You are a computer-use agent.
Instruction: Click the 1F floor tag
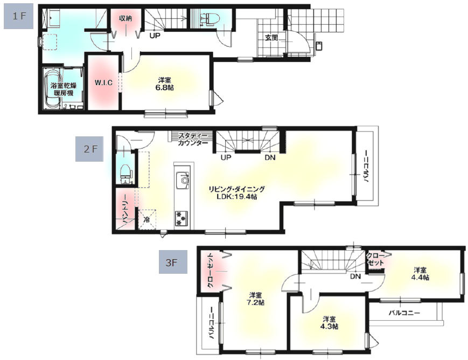point(18,16)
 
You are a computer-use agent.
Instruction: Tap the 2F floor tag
point(89,149)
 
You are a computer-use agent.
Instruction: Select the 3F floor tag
point(173,262)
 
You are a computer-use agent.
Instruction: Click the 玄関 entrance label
point(271,38)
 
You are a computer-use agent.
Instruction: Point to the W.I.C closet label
point(103,83)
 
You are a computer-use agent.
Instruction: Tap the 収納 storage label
point(125,18)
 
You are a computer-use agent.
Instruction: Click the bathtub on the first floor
point(53,89)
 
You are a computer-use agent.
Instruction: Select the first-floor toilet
point(211,18)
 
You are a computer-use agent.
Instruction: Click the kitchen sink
point(183,181)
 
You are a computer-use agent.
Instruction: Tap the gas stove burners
point(181,218)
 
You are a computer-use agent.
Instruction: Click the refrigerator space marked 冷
point(147,219)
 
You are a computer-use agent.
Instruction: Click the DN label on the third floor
point(355,276)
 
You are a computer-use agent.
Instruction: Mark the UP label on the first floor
point(155,36)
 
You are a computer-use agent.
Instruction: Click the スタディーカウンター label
point(193,139)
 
